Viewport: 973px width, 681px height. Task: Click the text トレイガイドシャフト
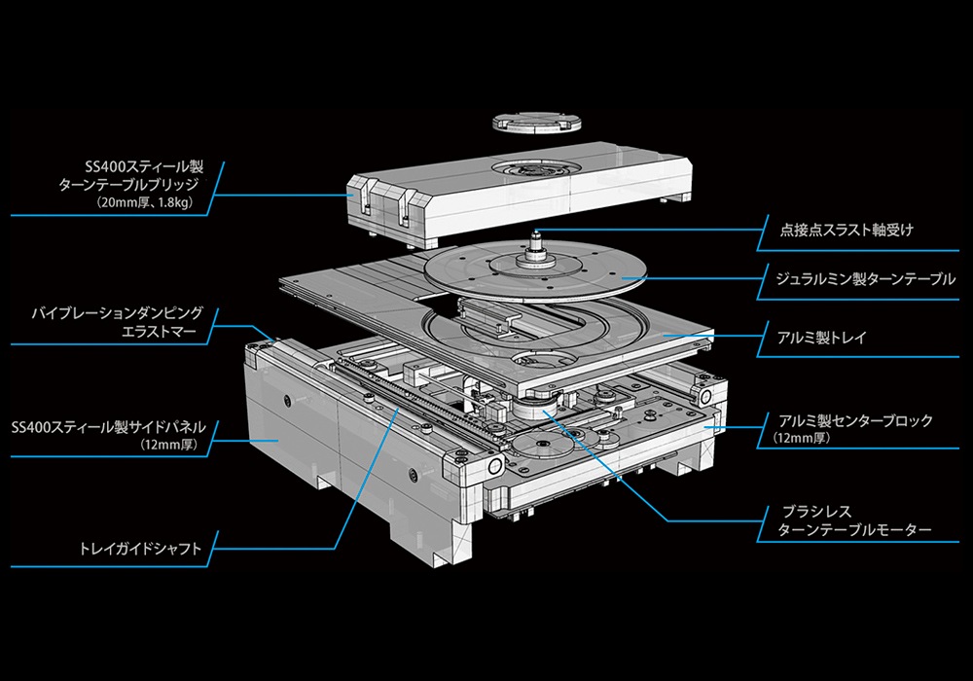pos(141,550)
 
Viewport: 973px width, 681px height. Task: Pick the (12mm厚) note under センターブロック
pos(802,439)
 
